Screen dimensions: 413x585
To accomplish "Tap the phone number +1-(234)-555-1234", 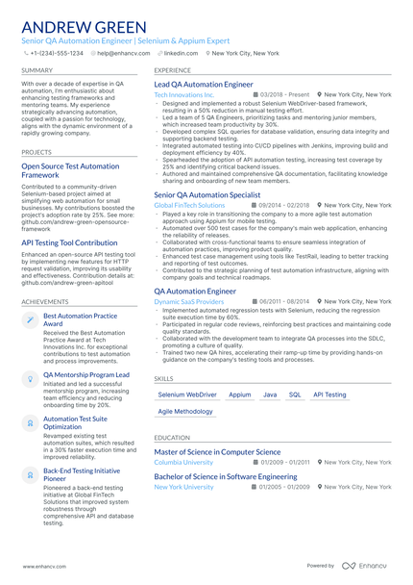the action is (x=57, y=54).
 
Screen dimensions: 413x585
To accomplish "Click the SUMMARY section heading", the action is (x=36, y=71).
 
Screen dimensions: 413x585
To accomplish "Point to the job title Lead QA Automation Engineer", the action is (x=204, y=85).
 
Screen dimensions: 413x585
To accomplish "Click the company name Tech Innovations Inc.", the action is (x=184, y=95).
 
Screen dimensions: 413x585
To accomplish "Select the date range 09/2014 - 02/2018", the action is (x=283, y=205).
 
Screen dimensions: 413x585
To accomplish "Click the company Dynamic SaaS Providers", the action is (x=188, y=301).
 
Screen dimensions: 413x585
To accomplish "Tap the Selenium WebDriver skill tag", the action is (x=187, y=394).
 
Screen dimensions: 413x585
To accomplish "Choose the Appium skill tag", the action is (x=240, y=394).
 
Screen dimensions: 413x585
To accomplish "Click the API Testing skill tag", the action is (x=330, y=394).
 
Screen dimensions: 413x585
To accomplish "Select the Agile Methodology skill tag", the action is (x=185, y=412).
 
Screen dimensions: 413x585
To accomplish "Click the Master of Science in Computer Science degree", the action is (x=217, y=451).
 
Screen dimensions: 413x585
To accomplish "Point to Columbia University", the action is (x=183, y=463).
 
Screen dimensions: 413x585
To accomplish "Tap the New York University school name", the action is (x=183, y=487).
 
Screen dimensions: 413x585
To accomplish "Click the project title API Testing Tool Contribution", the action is (x=77, y=243).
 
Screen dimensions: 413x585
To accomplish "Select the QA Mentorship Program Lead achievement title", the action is (x=86, y=374).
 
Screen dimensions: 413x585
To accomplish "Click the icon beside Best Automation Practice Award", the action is (x=30, y=320).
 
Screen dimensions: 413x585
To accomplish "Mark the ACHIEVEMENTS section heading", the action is (x=44, y=302).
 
